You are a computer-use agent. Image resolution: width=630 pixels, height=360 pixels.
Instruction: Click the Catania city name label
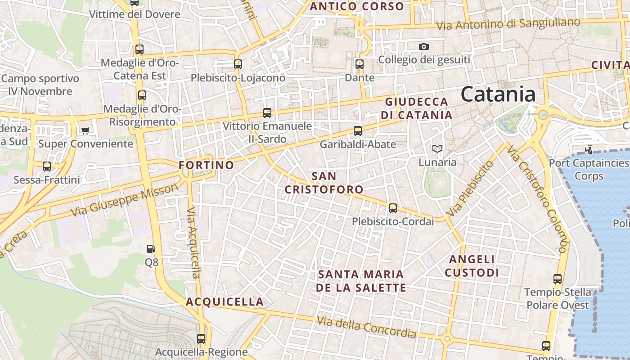(x=498, y=94)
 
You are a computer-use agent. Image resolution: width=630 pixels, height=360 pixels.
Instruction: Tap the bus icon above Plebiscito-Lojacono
(x=238, y=64)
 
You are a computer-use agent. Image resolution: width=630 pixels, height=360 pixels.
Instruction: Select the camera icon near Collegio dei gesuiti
(x=423, y=46)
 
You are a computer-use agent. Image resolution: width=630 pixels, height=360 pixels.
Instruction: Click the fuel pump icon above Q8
(x=151, y=249)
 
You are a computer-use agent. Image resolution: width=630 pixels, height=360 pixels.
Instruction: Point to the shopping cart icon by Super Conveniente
(x=85, y=130)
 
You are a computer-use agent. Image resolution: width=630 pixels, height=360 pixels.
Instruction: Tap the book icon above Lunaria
(x=437, y=148)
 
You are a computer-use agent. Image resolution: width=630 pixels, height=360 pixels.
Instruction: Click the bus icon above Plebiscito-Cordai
(x=393, y=208)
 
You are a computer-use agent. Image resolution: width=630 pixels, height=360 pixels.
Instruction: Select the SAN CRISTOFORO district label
(x=324, y=183)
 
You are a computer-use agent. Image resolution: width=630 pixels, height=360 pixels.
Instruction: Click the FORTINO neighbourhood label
(x=207, y=165)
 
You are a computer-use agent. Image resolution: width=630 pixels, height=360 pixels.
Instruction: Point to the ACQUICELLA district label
(x=225, y=301)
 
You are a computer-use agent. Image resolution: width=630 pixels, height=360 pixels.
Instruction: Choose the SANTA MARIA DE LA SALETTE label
(x=361, y=281)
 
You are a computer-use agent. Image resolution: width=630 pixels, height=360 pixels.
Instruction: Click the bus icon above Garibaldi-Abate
(x=358, y=131)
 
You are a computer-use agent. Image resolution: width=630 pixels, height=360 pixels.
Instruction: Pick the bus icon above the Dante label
(x=360, y=64)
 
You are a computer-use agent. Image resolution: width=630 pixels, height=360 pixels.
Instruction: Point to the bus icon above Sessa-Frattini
(x=47, y=166)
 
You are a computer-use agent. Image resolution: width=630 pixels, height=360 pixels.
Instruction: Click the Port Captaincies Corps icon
(x=589, y=149)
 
